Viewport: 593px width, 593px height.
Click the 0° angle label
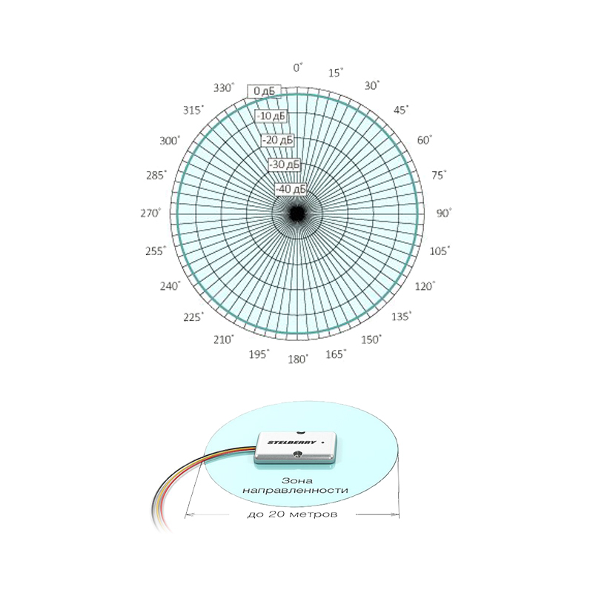pyautogui.click(x=298, y=67)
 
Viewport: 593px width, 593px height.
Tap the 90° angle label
pyautogui.click(x=444, y=213)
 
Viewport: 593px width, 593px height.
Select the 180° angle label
pyautogui.click(x=298, y=360)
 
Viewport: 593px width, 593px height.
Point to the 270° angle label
pyautogui.click(x=150, y=213)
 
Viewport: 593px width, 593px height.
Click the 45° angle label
pyautogui.click(x=401, y=110)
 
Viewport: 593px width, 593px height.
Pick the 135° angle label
pyautogui.click(x=401, y=317)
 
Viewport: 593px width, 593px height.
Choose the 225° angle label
pyautogui.click(x=193, y=317)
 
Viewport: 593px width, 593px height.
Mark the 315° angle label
pyautogui.click(x=193, y=110)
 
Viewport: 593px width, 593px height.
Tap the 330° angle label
pyautogui.click(x=224, y=87)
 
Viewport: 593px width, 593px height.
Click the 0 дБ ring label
pyautogui.click(x=265, y=91)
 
